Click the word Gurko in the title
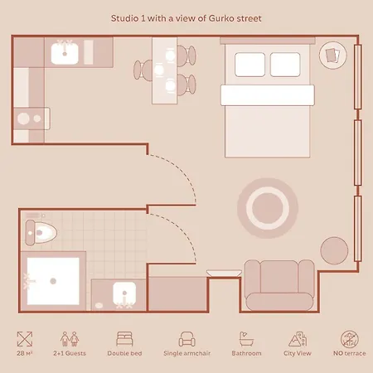click(x=220, y=18)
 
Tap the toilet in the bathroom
click(x=41, y=233)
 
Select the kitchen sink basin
click(x=65, y=53)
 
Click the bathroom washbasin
click(x=124, y=293)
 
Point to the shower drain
click(x=53, y=281)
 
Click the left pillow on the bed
click(x=249, y=65)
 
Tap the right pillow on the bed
click(x=285, y=65)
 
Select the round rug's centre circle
click(x=268, y=208)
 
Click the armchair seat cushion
click(x=279, y=301)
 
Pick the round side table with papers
click(x=332, y=56)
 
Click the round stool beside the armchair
click(x=334, y=250)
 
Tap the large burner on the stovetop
click(x=23, y=119)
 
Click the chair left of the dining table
click(x=143, y=70)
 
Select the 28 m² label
click(x=25, y=353)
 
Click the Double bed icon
click(x=124, y=339)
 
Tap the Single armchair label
click(x=186, y=353)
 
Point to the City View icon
click(x=298, y=339)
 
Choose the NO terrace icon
click(x=350, y=339)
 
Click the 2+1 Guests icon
click(x=70, y=339)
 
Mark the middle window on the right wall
click(x=357, y=153)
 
